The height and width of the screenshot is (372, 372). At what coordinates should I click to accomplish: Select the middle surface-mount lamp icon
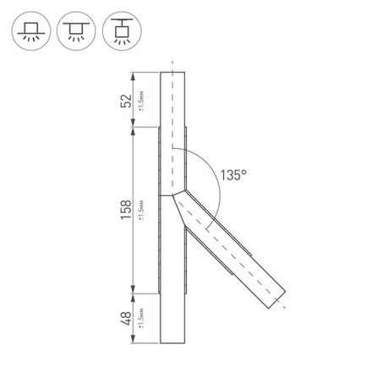click(73, 32)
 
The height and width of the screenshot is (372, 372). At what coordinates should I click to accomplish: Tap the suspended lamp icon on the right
click(116, 32)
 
